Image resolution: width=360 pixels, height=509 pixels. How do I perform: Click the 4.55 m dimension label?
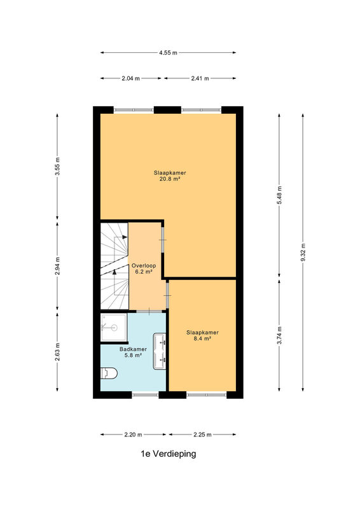coord(168,53)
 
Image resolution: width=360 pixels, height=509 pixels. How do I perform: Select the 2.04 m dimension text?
coord(130,78)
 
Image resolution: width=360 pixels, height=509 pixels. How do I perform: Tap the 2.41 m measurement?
coord(200,78)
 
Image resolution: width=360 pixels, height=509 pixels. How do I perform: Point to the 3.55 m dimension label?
coord(57,167)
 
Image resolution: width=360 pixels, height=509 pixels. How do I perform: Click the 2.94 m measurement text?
coord(57,266)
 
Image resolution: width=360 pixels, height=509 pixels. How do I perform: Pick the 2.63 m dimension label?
coord(57,352)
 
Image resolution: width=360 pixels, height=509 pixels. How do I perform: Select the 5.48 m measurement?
coord(279,195)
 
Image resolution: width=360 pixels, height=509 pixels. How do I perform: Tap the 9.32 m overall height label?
coord(303,252)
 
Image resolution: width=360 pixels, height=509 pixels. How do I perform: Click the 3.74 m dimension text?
coord(279,335)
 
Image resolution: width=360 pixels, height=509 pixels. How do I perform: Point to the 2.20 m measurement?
coord(133,435)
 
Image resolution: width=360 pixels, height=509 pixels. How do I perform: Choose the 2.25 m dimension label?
coord(202,435)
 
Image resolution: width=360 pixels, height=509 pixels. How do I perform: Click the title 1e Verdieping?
coord(168,454)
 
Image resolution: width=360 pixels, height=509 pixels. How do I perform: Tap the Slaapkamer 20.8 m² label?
coord(170,176)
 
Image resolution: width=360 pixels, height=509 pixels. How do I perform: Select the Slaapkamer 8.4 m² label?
coord(202,335)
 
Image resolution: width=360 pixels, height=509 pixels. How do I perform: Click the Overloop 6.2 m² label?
coord(144,268)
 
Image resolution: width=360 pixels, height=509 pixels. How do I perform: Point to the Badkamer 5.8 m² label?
coord(133,352)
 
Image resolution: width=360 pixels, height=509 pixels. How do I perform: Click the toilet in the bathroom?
coord(109,373)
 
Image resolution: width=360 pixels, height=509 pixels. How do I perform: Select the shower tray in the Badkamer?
coord(114,328)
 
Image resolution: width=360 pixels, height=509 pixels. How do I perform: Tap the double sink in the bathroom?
coord(160,351)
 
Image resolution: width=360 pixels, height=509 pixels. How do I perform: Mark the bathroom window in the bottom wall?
coord(145,395)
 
